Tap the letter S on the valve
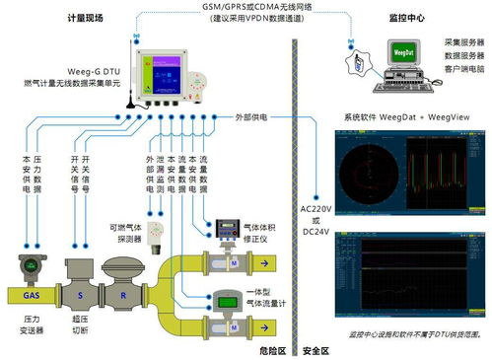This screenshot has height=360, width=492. [80, 294]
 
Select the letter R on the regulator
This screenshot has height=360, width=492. [123, 294]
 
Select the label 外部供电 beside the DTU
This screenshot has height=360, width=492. [250, 116]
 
